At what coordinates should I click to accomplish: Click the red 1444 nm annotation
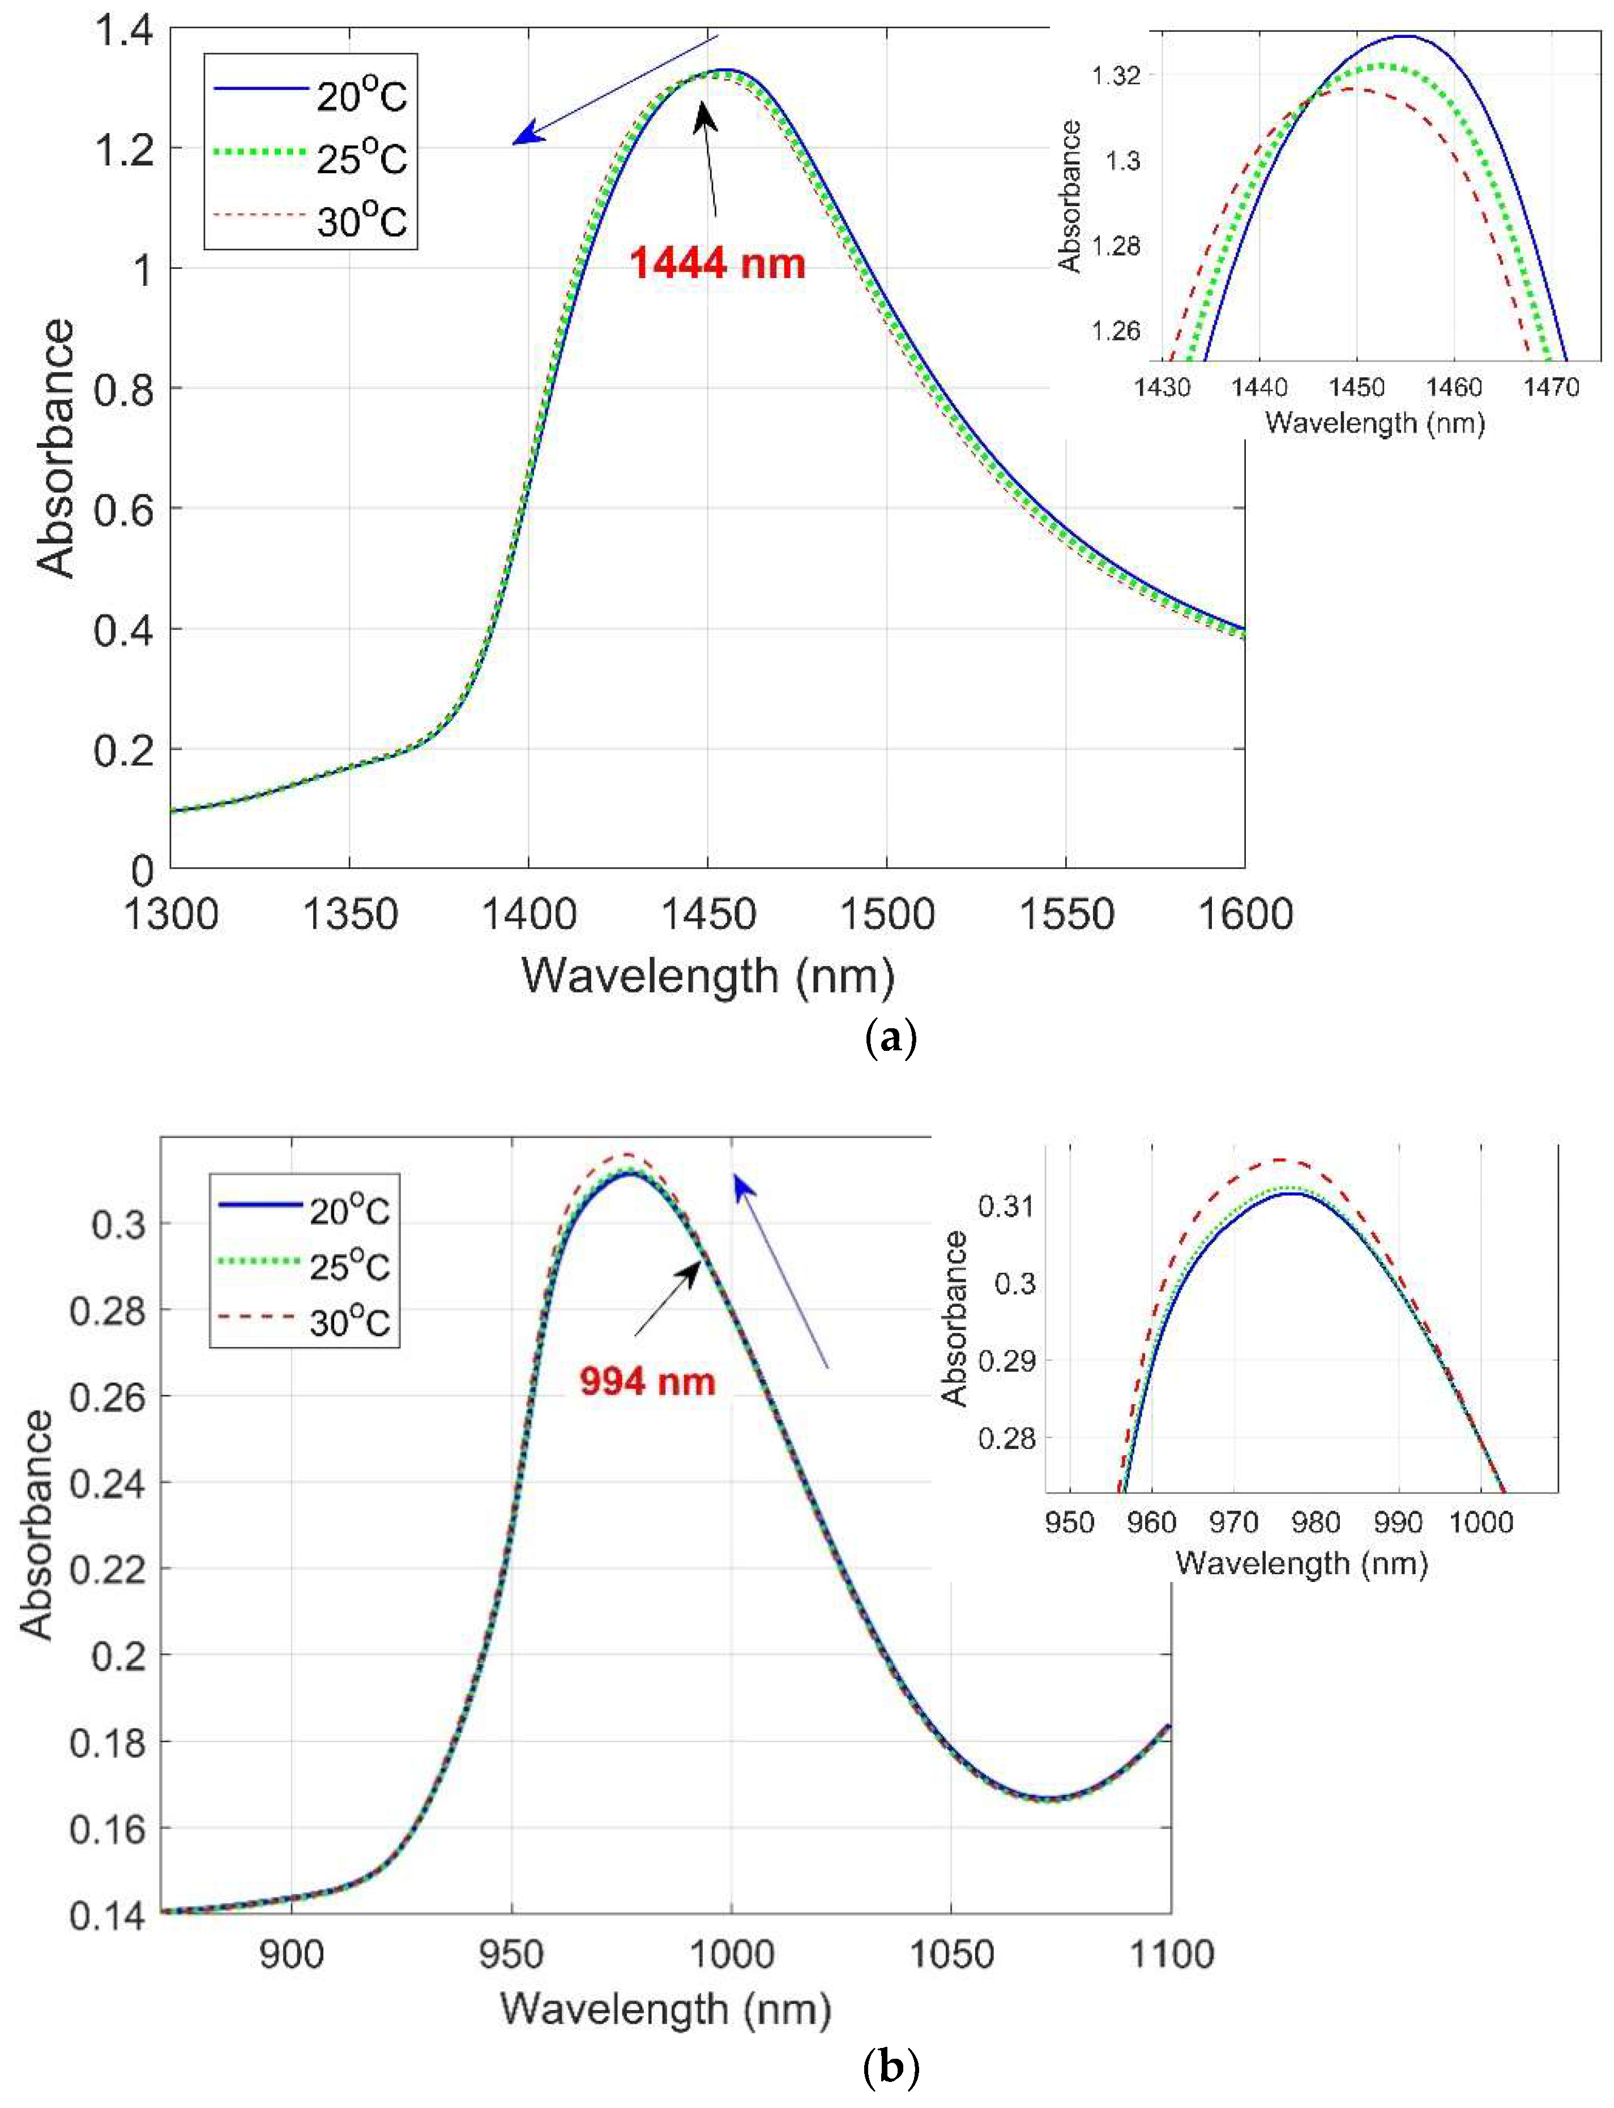click(717, 263)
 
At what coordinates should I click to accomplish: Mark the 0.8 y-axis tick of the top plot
click(123, 389)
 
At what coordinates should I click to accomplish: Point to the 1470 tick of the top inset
click(1551, 387)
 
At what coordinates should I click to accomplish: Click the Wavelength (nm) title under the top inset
click(1375, 422)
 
